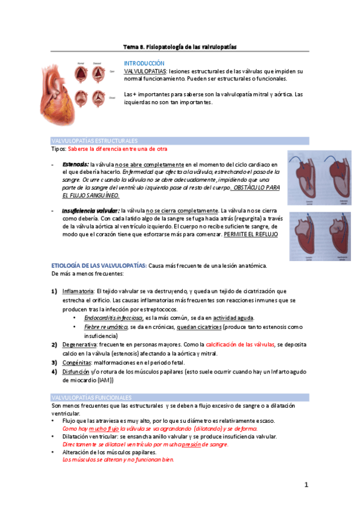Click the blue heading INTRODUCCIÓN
(x=144, y=63)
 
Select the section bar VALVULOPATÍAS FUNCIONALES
(x=92, y=398)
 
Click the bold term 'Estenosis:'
(x=75, y=164)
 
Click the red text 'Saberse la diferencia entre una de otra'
(x=118, y=149)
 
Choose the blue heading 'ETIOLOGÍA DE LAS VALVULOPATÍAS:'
(x=99, y=265)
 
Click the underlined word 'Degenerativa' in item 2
(x=79, y=343)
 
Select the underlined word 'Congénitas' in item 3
(x=76, y=363)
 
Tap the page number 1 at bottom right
(x=306, y=485)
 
